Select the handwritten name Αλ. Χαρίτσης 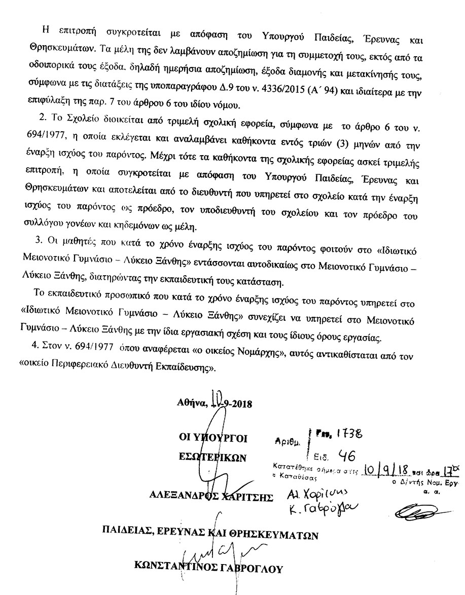pos(311,494)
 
